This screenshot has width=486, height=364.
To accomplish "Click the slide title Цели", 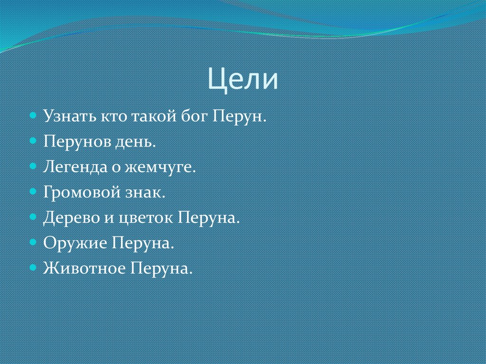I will point(243,79).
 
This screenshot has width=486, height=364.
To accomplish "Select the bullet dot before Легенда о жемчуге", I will point(33,167).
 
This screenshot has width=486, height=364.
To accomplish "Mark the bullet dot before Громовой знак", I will point(33,192).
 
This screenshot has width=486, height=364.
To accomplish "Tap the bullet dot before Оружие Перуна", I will point(33,243).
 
